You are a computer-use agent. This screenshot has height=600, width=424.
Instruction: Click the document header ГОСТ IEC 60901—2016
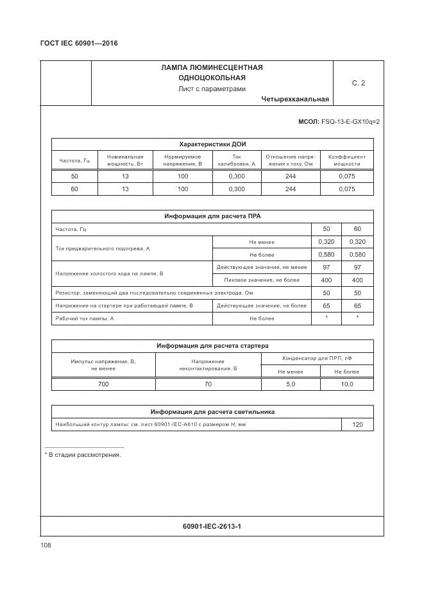(x=78, y=44)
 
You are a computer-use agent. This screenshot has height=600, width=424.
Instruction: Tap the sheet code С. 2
(x=358, y=83)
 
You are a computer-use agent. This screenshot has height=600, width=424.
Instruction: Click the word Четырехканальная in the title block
(x=295, y=99)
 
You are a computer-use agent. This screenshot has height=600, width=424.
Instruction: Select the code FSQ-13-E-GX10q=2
(x=350, y=121)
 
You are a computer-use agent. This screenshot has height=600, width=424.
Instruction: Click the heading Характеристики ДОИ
(x=212, y=144)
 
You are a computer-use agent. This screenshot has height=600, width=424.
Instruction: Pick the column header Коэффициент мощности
(x=346, y=160)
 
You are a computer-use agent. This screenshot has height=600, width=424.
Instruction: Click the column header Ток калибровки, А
(x=237, y=160)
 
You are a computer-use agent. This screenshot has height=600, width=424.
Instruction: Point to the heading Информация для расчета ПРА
(x=212, y=216)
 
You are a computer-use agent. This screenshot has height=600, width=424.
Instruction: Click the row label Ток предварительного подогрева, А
(x=103, y=248)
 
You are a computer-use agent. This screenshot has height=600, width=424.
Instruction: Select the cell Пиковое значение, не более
(x=261, y=280)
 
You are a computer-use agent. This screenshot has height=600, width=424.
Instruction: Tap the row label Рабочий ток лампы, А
(x=85, y=318)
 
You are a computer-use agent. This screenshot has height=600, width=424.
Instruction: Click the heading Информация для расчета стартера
(x=212, y=346)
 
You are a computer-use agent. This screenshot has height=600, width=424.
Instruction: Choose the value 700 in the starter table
(x=103, y=384)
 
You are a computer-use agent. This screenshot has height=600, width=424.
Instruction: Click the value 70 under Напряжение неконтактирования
(x=208, y=384)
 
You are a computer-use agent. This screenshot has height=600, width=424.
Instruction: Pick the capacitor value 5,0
(x=290, y=384)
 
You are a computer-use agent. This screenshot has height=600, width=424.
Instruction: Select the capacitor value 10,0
(x=346, y=384)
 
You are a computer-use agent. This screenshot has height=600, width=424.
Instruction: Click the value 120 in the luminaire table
(x=357, y=425)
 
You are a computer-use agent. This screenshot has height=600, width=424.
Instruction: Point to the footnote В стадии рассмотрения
(x=83, y=454)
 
